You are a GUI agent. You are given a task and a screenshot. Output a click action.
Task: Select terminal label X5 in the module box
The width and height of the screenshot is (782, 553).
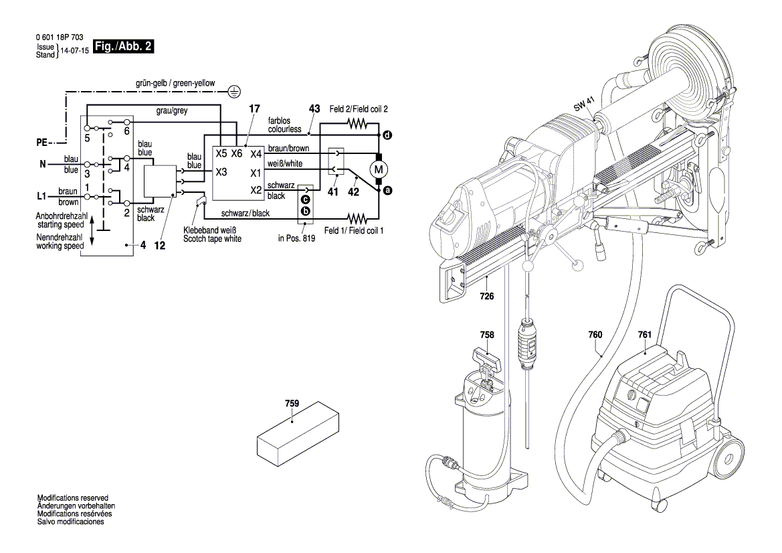(x=221, y=153)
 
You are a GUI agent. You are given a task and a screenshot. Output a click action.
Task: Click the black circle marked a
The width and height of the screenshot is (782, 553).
(x=387, y=191)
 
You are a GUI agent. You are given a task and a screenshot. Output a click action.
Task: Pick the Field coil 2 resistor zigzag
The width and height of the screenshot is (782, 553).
(x=357, y=124)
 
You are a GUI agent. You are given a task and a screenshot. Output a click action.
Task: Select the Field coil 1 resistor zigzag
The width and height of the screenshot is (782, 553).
(x=357, y=218)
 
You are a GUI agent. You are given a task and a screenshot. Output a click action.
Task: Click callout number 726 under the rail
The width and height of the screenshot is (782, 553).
(x=487, y=295)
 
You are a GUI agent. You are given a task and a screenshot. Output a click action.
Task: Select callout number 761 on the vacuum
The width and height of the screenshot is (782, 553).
(x=644, y=334)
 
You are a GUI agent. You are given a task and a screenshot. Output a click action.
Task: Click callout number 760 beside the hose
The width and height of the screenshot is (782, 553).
(x=595, y=334)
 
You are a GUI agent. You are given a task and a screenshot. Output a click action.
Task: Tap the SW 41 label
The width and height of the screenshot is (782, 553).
(x=582, y=105)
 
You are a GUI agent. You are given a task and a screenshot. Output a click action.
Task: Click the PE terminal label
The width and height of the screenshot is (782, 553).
(x=42, y=143)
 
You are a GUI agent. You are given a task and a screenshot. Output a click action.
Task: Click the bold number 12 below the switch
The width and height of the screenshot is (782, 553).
(x=159, y=246)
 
